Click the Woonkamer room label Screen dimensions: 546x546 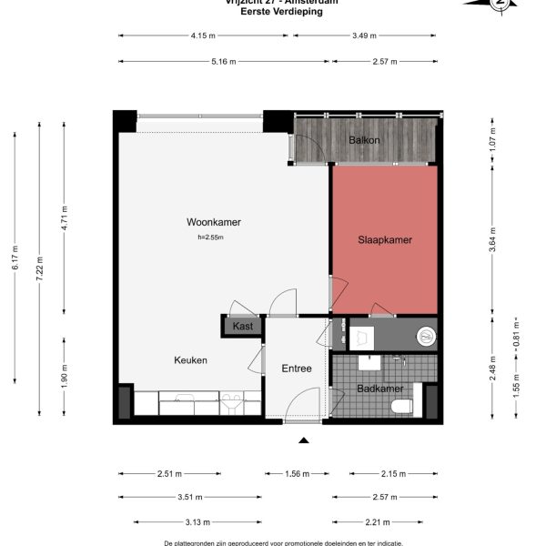(207, 222)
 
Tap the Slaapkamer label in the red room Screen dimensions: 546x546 (384, 240)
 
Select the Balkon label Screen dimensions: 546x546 (364, 140)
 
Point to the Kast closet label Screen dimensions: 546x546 (242, 326)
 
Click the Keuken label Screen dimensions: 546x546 (191, 360)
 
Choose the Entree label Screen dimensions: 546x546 (297, 369)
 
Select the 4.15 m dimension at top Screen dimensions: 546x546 (203, 35)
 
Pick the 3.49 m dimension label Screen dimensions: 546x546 (366, 35)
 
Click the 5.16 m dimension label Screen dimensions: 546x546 (224, 62)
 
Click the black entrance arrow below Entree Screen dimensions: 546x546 (304, 440)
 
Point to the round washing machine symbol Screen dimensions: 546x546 (425, 337)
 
